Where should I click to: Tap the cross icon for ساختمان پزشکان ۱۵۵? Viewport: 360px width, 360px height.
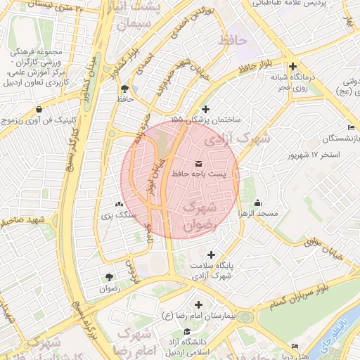[x=205, y=109]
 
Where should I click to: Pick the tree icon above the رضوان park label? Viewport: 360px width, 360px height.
[x=109, y=278]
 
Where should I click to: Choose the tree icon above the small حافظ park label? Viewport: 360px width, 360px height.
[x=125, y=89]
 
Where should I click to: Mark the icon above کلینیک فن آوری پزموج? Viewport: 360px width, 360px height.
[x=38, y=109]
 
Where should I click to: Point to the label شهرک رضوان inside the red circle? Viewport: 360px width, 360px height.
[x=197, y=217]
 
